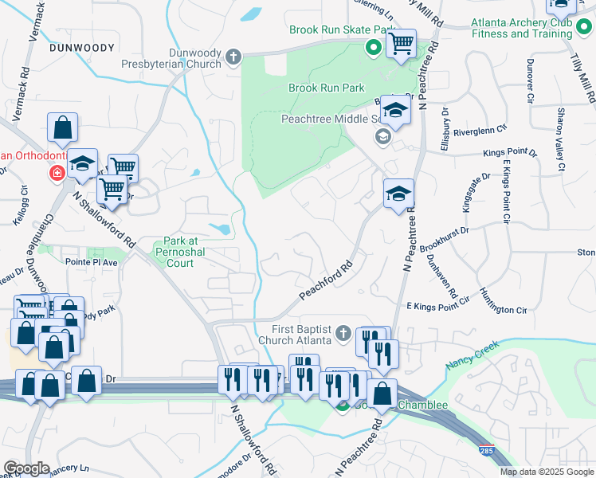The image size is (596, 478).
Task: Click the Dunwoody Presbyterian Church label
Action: pos(171,56)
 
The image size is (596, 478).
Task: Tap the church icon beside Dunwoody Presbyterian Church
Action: pos(233,57)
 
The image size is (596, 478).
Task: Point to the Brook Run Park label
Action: pos(326,88)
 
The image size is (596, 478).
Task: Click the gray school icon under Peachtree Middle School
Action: pos(383,137)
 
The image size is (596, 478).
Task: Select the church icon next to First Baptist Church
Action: pos(343,332)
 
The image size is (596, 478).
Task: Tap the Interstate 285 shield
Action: pos(485,451)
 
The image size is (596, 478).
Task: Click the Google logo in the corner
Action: pos(26,468)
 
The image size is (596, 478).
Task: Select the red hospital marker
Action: pos(57,173)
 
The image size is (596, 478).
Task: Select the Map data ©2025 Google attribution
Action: pos(546,472)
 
